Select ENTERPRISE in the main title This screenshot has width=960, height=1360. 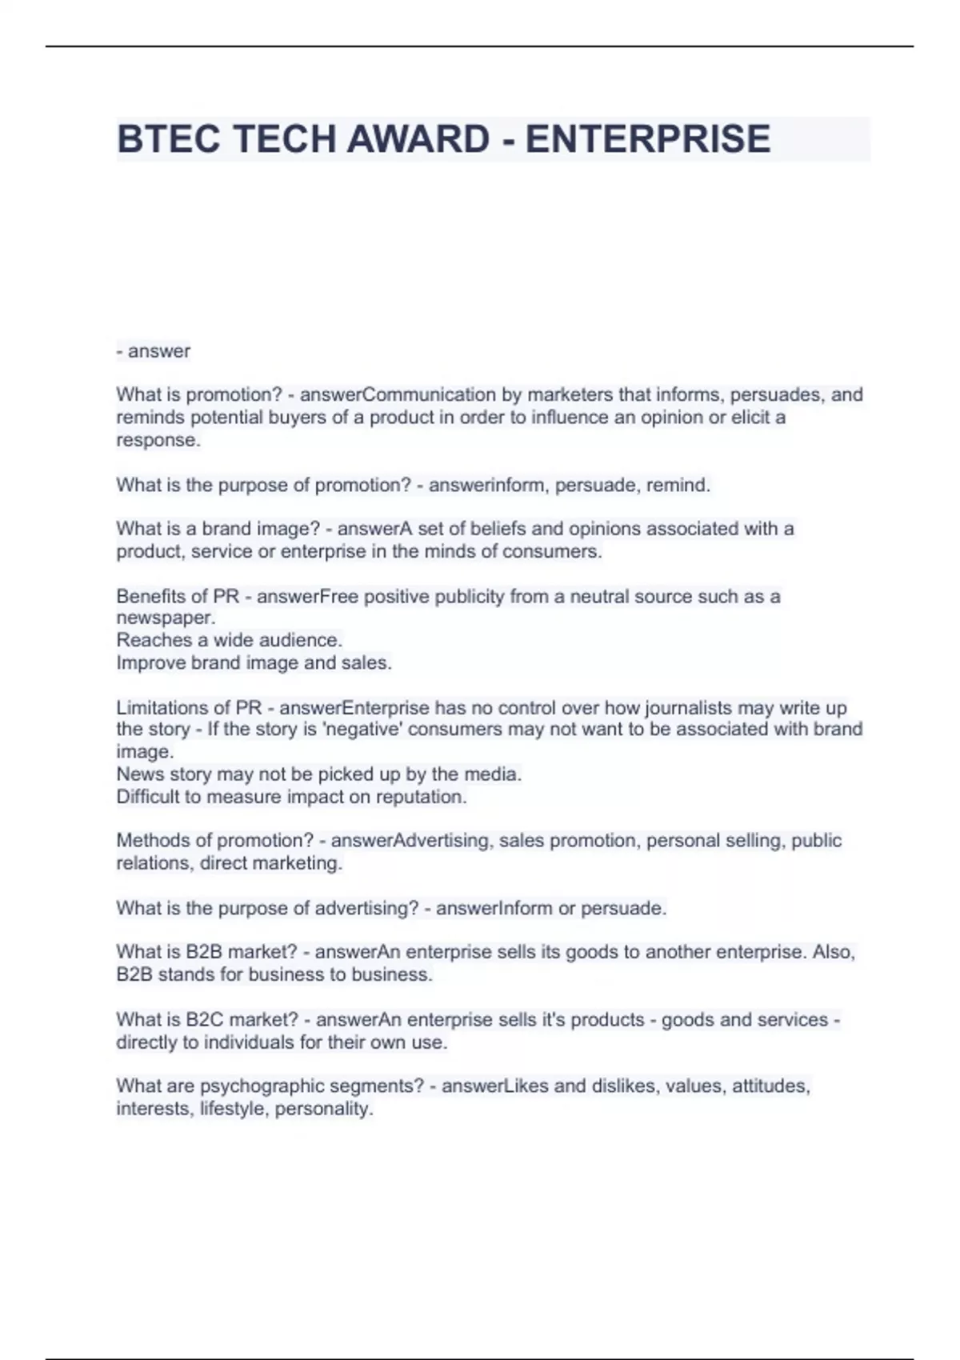(647, 139)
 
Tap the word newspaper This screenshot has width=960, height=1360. (165, 618)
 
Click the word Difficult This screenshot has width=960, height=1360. (146, 797)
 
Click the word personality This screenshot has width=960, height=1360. (323, 1109)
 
